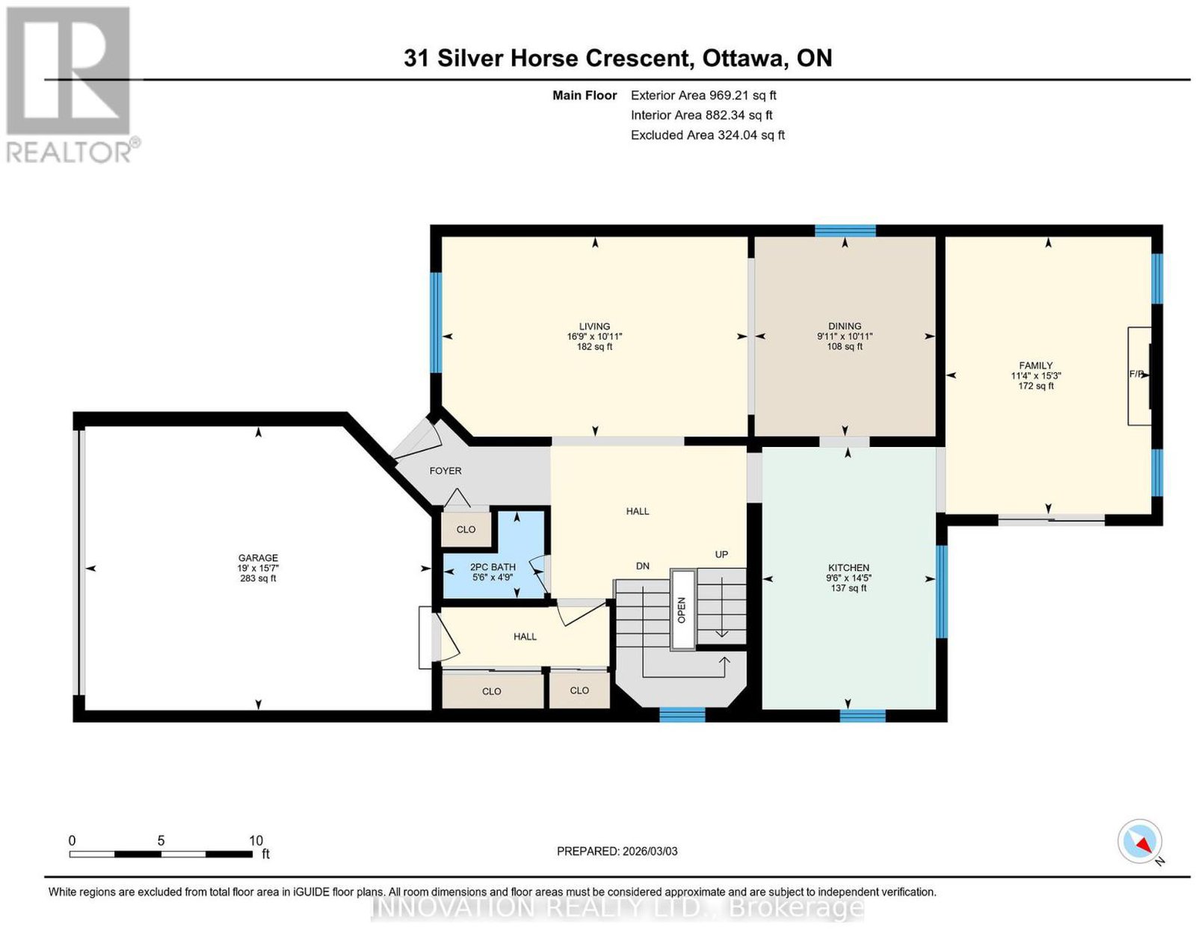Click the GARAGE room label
258,558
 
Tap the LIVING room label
594,326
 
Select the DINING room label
845,326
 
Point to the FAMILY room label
1036,365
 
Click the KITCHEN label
848,567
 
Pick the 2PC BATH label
493,567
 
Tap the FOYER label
446,471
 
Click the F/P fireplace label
1136,374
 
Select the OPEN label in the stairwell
682,610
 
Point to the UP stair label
721,555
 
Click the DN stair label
643,566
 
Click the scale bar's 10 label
256,841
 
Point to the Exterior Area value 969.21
729,95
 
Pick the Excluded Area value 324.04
737,135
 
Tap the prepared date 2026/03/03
650,851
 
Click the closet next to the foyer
466,529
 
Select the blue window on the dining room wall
845,230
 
